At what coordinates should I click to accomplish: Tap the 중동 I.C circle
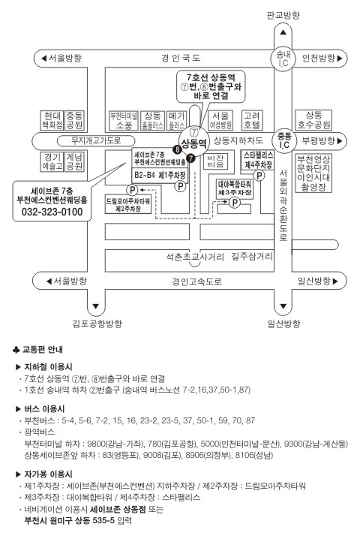(x=283, y=141)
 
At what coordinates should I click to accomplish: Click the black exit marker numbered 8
(x=177, y=149)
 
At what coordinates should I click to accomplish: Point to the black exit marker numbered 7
(x=190, y=158)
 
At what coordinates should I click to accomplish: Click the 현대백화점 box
(x=52, y=121)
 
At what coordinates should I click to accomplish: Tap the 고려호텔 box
(x=252, y=120)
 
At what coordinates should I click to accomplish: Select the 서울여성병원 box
(x=220, y=120)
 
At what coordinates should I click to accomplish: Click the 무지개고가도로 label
(x=96, y=140)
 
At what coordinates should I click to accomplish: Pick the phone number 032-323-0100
(x=52, y=212)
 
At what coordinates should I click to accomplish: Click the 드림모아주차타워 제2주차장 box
(x=128, y=204)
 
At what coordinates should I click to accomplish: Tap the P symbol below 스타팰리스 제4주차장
(x=259, y=176)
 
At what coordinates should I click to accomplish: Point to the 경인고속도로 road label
(x=196, y=282)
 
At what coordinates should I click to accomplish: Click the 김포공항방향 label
(x=97, y=324)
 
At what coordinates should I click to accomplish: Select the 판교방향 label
(x=283, y=15)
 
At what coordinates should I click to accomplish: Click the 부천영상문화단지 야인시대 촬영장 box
(x=313, y=173)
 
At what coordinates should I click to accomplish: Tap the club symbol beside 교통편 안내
(x=16, y=350)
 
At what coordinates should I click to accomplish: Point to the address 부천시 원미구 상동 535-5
(x=69, y=521)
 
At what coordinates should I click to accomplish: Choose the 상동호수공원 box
(x=313, y=120)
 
